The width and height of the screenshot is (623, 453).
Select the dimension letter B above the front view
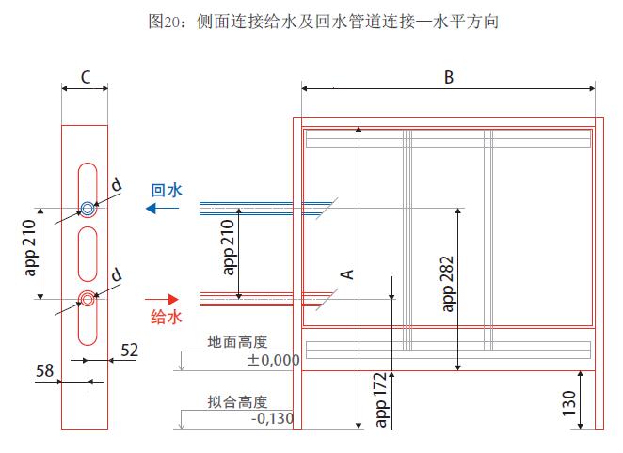point(449,78)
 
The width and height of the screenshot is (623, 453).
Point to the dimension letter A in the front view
point(346,273)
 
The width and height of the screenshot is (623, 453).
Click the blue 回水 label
point(167,190)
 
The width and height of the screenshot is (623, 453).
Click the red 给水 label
point(167,317)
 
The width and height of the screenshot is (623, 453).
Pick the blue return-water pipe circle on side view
point(87,209)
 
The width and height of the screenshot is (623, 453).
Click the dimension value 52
point(129,351)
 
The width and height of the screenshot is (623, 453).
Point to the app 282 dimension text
point(448,283)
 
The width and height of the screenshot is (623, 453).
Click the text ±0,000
point(273,360)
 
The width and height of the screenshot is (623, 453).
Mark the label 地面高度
point(238,344)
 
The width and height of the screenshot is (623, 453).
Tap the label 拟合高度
point(238,402)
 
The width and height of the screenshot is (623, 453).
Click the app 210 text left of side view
point(28,255)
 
